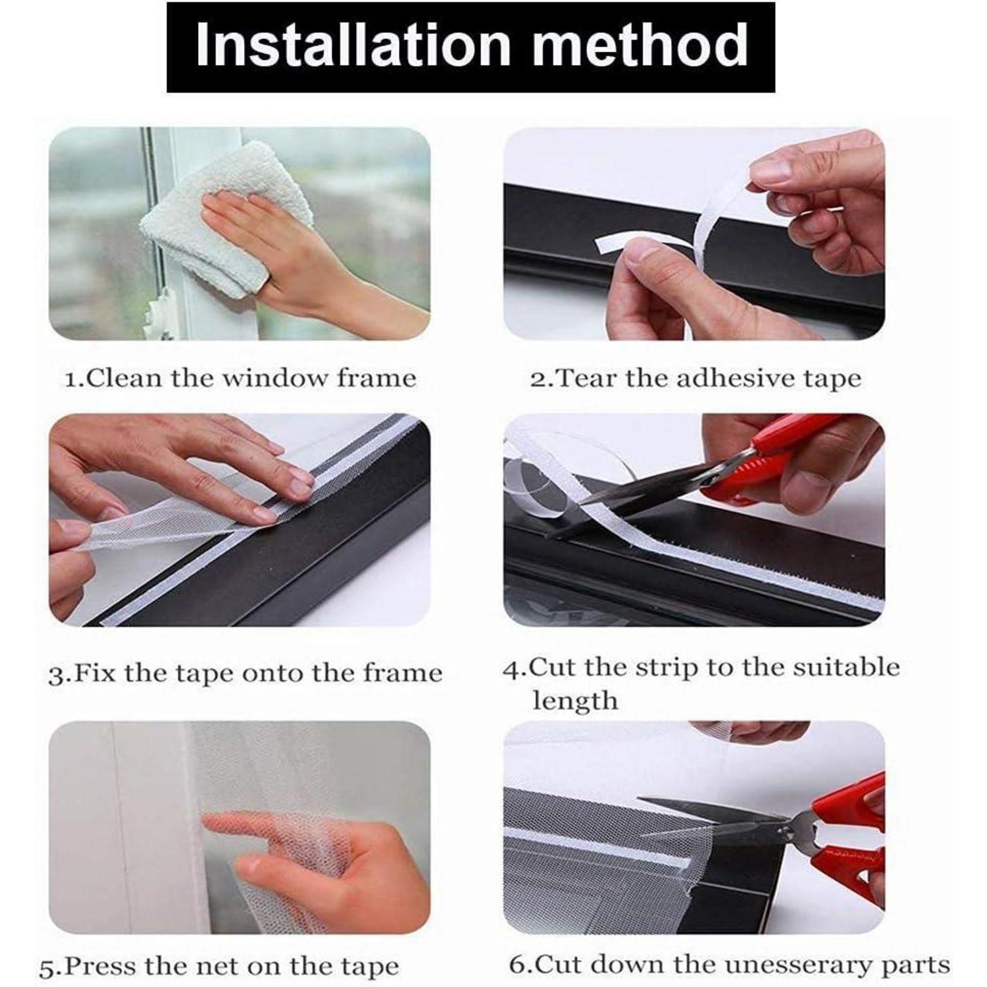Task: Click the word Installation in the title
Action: point(353,45)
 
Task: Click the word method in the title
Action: point(640,45)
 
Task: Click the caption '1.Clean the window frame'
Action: point(241,378)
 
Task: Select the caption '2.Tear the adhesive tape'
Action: point(696,378)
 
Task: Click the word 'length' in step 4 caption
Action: point(575,700)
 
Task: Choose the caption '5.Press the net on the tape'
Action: point(219,967)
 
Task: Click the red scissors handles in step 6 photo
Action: point(846,836)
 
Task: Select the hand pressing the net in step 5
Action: point(316,862)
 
